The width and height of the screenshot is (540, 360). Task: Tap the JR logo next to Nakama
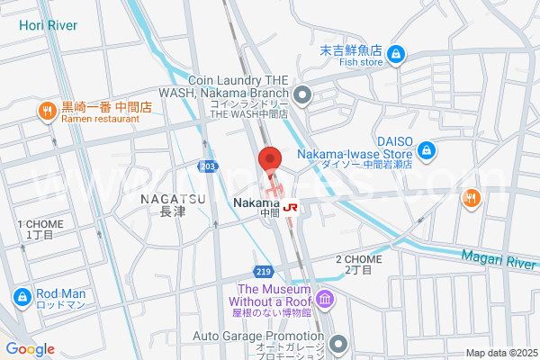(x=291, y=207)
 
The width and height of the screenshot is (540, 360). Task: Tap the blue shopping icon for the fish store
(x=397, y=56)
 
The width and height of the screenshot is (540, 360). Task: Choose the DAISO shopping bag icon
(x=428, y=149)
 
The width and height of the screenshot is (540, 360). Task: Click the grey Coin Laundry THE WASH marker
(x=302, y=94)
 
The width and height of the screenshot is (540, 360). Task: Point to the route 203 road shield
(x=208, y=166)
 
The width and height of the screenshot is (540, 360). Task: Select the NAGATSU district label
(x=172, y=198)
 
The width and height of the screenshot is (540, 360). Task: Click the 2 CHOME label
(x=358, y=259)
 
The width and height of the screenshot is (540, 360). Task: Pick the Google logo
(x=30, y=349)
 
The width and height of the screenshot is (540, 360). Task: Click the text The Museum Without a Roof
(x=268, y=295)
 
